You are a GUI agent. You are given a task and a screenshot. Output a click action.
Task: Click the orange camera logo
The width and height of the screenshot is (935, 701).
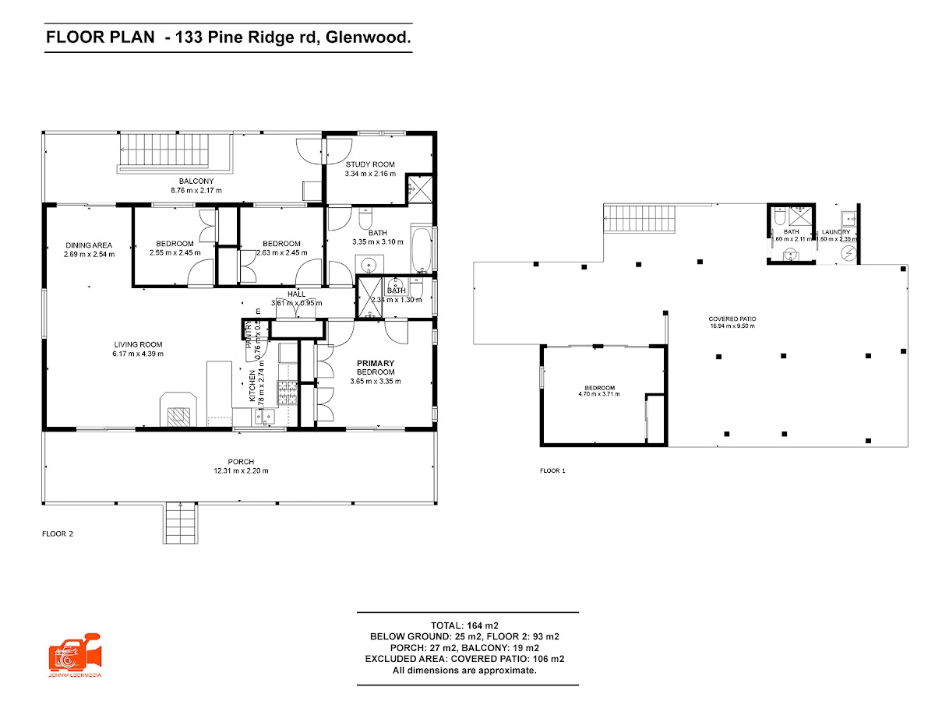pyautogui.click(x=74, y=653)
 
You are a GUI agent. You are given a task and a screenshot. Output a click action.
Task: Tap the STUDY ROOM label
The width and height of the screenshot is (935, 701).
pyautogui.click(x=370, y=164)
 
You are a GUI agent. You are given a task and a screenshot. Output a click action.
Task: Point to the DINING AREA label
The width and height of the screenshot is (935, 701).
pyautogui.click(x=89, y=245)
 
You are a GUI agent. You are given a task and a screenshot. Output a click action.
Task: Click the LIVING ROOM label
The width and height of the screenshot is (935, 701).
pyautogui.click(x=139, y=345)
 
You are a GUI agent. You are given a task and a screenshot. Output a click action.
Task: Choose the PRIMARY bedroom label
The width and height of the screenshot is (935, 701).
pyautogui.click(x=376, y=364)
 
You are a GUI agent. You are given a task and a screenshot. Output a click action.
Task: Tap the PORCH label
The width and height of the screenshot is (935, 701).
pyautogui.click(x=241, y=462)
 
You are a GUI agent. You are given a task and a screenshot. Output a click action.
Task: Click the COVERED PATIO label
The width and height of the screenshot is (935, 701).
pyautogui.click(x=732, y=319)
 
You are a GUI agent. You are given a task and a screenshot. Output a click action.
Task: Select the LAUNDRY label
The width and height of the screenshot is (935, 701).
pyautogui.click(x=836, y=232)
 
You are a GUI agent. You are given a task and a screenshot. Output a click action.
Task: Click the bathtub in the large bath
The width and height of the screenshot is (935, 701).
pyautogui.click(x=422, y=251)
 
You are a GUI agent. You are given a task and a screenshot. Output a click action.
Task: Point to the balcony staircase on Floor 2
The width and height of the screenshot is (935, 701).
pyautogui.click(x=175, y=151)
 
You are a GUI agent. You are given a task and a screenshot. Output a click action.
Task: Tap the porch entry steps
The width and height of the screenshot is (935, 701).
pyautogui.click(x=180, y=523)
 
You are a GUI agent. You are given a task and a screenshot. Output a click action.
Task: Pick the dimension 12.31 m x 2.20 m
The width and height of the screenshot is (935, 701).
pyautogui.click(x=241, y=471)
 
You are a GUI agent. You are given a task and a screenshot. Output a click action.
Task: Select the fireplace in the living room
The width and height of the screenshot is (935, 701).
pyautogui.click(x=178, y=411)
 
